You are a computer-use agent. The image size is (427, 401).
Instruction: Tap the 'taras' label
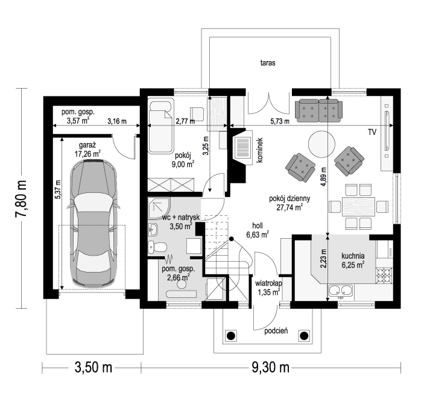pyautogui.click(x=268, y=63)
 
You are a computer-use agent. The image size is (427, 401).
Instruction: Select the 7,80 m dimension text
pyautogui.click(x=22, y=198)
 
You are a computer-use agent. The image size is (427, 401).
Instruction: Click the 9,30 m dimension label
pyautogui.click(x=270, y=368)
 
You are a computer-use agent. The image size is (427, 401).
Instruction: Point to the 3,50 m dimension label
pyautogui.click(x=93, y=368)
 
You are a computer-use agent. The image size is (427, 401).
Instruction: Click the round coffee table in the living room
pyautogui.click(x=321, y=144)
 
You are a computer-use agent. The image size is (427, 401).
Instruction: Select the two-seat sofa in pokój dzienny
pyautogui.click(x=318, y=110)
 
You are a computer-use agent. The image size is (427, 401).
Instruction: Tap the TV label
pyautogui.click(x=372, y=132)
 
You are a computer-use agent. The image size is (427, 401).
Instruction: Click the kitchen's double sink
pyautogui.click(x=341, y=291)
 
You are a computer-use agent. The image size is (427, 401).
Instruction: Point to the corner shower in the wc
pyautogui.click(x=159, y=208)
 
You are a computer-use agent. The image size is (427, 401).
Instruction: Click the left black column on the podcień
pyautogui.click(x=230, y=336)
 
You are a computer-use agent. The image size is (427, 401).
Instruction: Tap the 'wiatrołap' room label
pyautogui.click(x=268, y=283)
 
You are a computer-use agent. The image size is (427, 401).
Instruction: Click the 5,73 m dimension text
pyautogui.click(x=280, y=121)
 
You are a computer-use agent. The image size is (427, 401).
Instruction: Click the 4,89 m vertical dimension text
pyautogui.click(x=323, y=177)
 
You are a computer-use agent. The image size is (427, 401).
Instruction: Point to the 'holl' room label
pyautogui.click(x=258, y=226)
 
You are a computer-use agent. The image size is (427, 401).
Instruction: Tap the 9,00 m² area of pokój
pyautogui.click(x=185, y=164)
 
